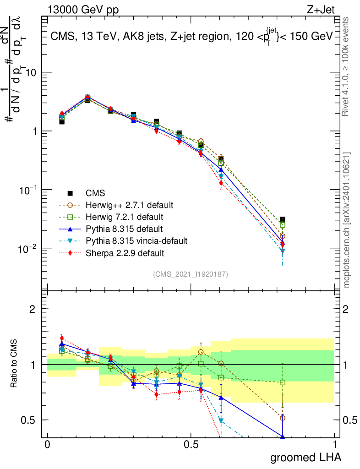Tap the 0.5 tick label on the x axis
click(x=191, y=445)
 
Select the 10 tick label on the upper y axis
click(x=31, y=73)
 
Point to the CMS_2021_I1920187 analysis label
click(x=191, y=274)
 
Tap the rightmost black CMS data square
click(x=283, y=219)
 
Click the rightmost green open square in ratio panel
click(x=283, y=382)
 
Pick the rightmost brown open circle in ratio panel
click(x=283, y=418)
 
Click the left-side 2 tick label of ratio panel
click(x=32, y=309)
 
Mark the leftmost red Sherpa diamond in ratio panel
click(x=62, y=338)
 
